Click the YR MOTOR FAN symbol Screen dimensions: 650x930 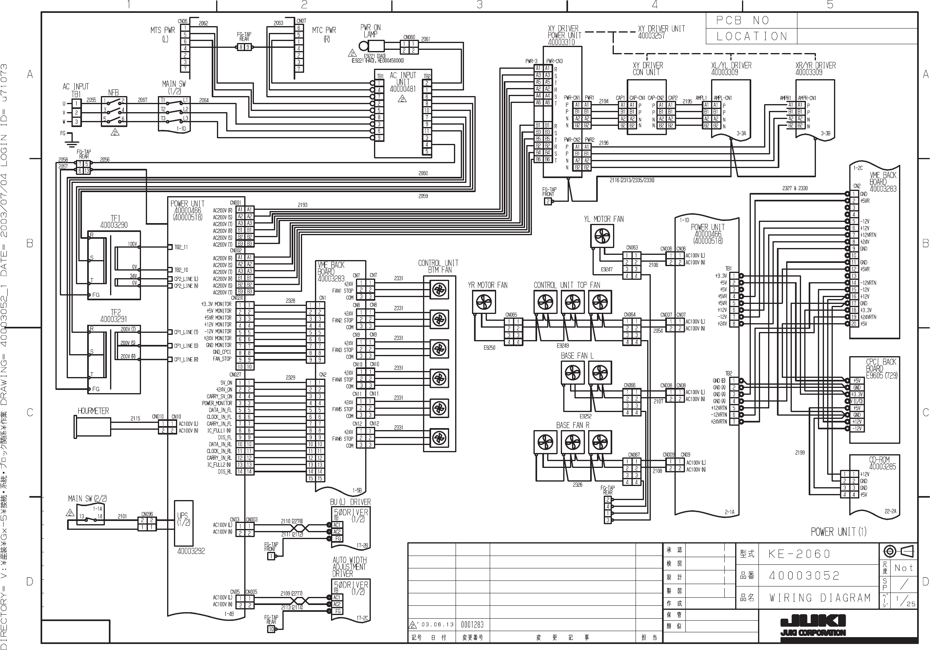[484, 302]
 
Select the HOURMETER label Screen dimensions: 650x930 [93, 411]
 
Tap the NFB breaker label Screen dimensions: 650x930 [113, 93]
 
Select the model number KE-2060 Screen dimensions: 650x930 [799, 554]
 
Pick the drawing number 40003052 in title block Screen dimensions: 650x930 [804, 576]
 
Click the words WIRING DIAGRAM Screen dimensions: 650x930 [820, 598]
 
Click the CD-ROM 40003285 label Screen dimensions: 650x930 [879, 463]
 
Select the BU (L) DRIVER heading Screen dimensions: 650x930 [350, 502]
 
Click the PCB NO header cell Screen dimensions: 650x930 [751, 21]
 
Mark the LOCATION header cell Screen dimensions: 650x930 [751, 37]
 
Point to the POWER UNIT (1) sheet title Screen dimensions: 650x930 [838, 532]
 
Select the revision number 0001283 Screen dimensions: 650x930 [472, 624]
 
